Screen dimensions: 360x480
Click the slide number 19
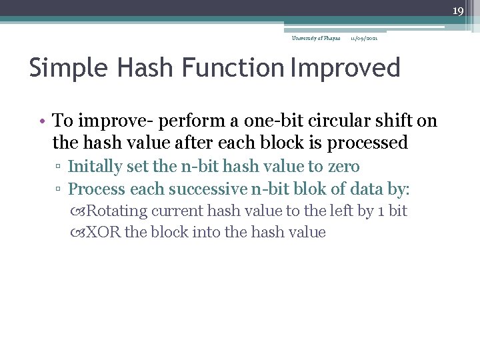[457, 11]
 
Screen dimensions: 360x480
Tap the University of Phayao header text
[316, 38]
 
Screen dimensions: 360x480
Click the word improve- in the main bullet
[112, 121]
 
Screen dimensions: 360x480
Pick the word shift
[398, 121]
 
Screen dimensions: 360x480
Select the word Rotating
[117, 211]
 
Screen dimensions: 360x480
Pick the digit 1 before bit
[381, 211]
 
